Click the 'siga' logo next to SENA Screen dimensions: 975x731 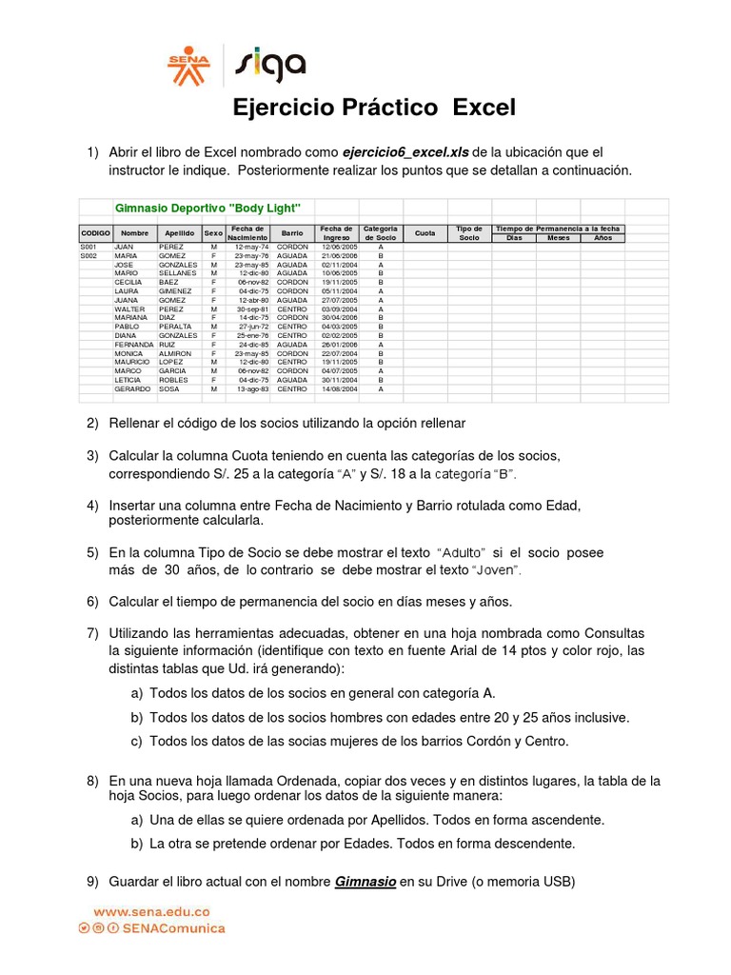click(x=272, y=66)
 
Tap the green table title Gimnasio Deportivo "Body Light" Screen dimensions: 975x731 click(x=207, y=208)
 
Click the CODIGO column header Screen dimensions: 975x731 click(x=95, y=233)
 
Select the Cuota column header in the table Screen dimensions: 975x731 click(x=425, y=233)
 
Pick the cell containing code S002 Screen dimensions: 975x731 click(x=89, y=256)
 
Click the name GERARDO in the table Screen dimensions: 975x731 click(x=132, y=389)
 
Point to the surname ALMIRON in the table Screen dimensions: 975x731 click(x=177, y=353)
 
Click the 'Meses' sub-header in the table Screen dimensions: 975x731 click(x=559, y=238)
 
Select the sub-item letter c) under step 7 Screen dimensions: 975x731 click(x=137, y=742)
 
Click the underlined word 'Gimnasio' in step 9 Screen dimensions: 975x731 click(x=365, y=882)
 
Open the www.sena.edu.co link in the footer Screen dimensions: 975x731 click(x=151, y=911)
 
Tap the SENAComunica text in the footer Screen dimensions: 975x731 click(x=180, y=927)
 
